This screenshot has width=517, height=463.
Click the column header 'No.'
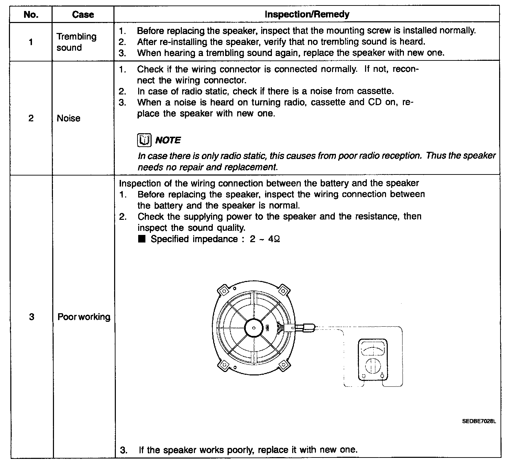[x=31, y=14]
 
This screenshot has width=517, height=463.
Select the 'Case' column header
[x=83, y=14]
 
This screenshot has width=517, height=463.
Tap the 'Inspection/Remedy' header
[x=307, y=14]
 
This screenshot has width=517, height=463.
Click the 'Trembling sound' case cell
[x=76, y=42]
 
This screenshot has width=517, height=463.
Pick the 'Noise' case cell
[x=68, y=118]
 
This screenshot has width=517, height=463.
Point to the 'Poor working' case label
[x=84, y=317]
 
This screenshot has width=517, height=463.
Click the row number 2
[x=31, y=118]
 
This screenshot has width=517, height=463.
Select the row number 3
[x=31, y=317]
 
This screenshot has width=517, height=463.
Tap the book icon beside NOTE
[x=144, y=140]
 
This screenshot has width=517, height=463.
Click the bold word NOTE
[x=168, y=140]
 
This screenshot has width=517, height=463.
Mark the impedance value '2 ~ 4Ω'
[x=265, y=239]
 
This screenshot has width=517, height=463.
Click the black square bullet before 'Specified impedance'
[x=142, y=239]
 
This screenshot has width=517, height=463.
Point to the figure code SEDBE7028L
[x=479, y=421]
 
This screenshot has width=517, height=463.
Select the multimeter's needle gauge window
[x=373, y=351]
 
